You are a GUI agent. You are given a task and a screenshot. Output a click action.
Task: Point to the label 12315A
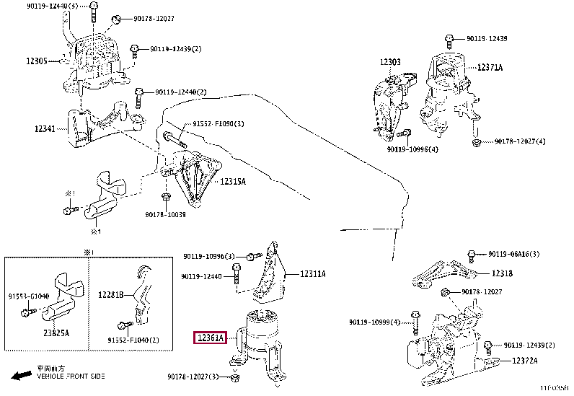(x=233, y=182)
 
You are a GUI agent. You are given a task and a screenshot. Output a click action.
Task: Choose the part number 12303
(x=390, y=63)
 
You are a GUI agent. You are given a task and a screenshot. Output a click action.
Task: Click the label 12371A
(x=490, y=67)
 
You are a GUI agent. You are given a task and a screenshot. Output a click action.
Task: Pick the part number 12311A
(x=313, y=274)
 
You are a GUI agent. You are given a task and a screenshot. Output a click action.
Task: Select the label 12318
(x=503, y=273)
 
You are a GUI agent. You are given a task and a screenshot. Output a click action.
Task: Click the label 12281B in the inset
(x=111, y=294)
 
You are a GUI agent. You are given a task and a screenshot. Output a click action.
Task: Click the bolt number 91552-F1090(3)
(x=218, y=124)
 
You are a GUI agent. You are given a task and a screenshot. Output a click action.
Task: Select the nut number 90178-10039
(x=165, y=214)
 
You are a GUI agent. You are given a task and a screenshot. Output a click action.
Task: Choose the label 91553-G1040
(x=29, y=296)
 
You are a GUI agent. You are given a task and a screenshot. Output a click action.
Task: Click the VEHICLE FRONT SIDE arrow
(x=20, y=375)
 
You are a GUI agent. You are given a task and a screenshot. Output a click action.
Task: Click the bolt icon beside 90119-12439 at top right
(x=449, y=39)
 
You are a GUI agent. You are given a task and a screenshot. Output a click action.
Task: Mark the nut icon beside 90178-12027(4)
(x=477, y=142)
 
